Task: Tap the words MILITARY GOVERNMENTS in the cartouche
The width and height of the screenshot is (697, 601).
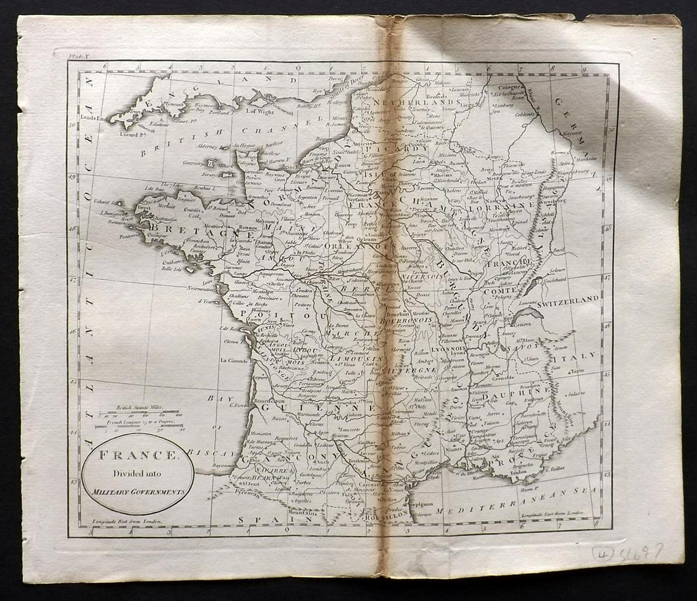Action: tap(137, 491)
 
